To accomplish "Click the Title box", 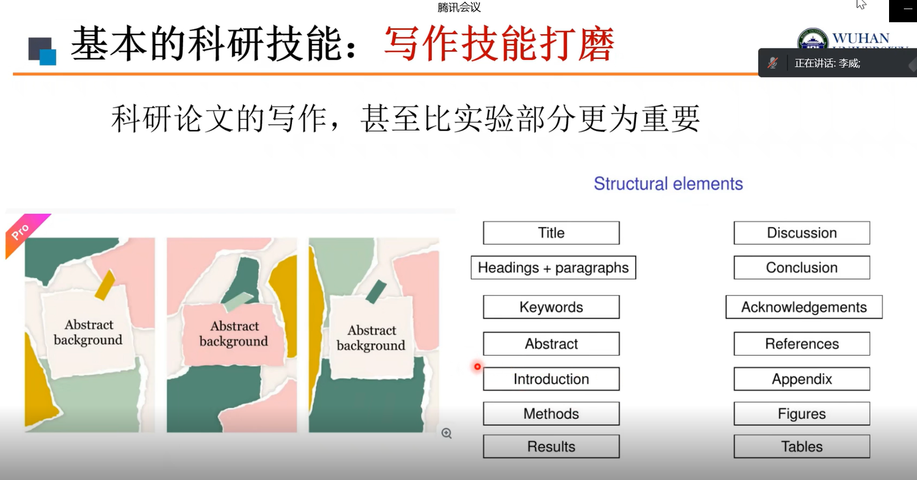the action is click(551, 233).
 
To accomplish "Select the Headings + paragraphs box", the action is click(553, 267).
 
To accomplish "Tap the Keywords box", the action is click(551, 307).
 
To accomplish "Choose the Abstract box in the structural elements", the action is click(551, 344).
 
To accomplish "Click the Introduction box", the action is click(551, 379).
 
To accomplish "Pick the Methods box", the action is click(551, 414).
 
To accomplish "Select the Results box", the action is click(551, 446).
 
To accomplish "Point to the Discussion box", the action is click(802, 233).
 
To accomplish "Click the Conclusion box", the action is click(802, 267).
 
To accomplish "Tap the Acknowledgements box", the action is click(804, 307).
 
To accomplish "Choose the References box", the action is click(802, 344).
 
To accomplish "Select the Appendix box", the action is click(802, 379).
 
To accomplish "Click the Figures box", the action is click(802, 414).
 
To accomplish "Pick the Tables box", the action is click(802, 446).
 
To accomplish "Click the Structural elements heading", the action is click(668, 184).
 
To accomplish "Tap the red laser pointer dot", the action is click(477, 367).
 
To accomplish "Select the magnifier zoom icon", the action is click(447, 433).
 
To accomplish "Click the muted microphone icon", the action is click(773, 63).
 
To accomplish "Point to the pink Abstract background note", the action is click(233, 334).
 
